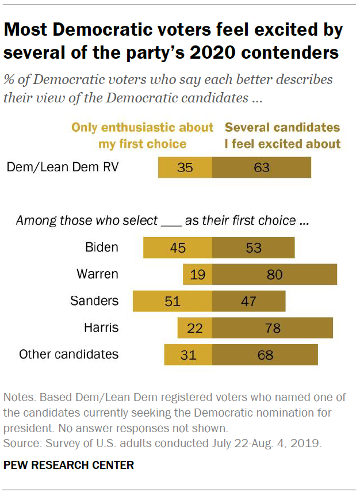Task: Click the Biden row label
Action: click(x=102, y=247)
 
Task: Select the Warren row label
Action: click(x=97, y=274)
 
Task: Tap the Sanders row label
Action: click(x=94, y=300)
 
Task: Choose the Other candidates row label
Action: click(x=69, y=354)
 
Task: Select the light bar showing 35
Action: click(x=185, y=167)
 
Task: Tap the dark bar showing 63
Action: click(x=262, y=167)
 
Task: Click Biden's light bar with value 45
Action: click(x=178, y=247)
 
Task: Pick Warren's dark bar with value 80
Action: click(x=274, y=274)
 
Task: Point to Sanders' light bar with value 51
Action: click(x=173, y=301)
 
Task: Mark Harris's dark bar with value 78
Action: click(x=273, y=328)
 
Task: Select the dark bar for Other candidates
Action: click(x=265, y=354)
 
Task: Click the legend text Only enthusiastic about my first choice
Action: click(x=142, y=135)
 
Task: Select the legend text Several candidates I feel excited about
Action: click(x=282, y=135)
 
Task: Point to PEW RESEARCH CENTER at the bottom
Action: click(x=68, y=465)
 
